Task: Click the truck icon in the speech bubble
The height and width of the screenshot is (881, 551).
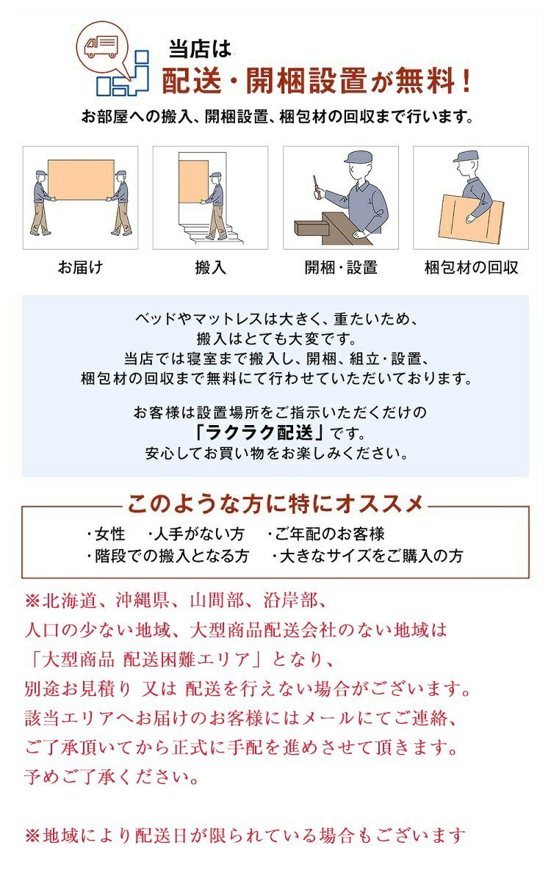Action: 101,47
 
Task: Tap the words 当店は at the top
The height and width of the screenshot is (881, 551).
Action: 200,50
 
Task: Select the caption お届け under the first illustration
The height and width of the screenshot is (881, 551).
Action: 80,267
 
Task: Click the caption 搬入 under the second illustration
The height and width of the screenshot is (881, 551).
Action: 211,267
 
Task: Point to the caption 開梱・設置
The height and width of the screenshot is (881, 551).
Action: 341,267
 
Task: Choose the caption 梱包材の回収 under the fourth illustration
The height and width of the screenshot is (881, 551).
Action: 471,267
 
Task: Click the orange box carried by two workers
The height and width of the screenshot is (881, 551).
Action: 81,180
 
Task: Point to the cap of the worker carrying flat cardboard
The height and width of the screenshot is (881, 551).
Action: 467,156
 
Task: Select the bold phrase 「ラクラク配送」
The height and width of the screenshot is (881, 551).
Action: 260,433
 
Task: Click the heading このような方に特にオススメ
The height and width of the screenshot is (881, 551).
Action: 275,504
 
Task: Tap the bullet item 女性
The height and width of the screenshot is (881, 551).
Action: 106,534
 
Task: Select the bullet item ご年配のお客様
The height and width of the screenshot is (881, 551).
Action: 326,534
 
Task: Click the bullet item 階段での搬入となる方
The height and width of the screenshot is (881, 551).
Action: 168,556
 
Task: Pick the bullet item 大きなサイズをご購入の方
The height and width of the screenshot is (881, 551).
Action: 367,556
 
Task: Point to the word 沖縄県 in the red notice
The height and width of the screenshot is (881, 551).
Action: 143,601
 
